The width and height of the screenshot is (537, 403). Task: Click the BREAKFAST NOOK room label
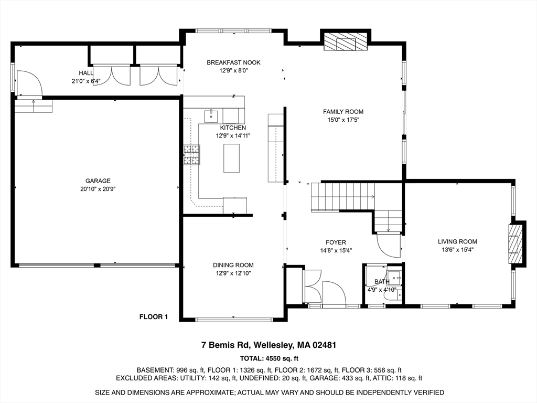pyautogui.click(x=233, y=62)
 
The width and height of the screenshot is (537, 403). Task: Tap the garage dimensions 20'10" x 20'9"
pyautogui.click(x=94, y=189)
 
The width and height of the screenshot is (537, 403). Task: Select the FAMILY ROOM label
pyautogui.click(x=343, y=112)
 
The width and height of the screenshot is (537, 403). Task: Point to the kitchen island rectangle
pyautogui.click(x=231, y=158)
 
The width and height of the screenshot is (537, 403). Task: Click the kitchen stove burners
pyautogui.click(x=191, y=155)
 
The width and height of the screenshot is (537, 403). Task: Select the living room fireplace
pyautogui.click(x=516, y=243)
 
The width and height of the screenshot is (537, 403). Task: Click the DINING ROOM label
pyautogui.click(x=233, y=265)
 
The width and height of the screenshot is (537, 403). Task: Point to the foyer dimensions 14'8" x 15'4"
pyautogui.click(x=336, y=250)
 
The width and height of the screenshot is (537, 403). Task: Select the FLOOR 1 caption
pyautogui.click(x=153, y=316)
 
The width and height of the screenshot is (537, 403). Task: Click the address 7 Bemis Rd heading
pyautogui.click(x=268, y=345)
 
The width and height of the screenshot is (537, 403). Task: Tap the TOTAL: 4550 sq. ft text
pyautogui.click(x=268, y=358)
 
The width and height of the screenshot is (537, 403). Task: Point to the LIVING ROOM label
pyautogui.click(x=457, y=242)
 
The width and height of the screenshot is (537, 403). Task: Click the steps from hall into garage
pyautogui.click(x=34, y=106)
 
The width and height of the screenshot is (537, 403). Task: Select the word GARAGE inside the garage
pyautogui.click(x=94, y=181)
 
